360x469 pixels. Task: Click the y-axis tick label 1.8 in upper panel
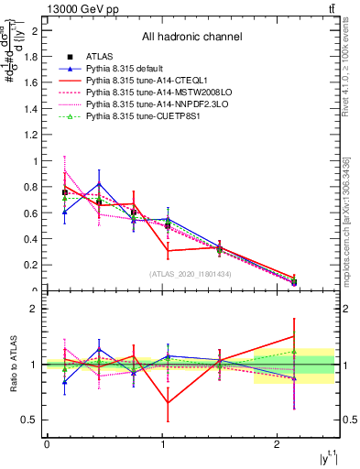[x=33, y=57]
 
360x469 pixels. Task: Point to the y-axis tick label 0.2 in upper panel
[x=33, y=266]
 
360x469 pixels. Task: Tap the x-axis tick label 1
[x=161, y=443]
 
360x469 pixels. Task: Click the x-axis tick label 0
[x=46, y=443]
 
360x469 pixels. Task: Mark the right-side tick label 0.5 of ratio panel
[x=349, y=420]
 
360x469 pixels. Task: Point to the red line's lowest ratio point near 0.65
[x=167, y=403]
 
